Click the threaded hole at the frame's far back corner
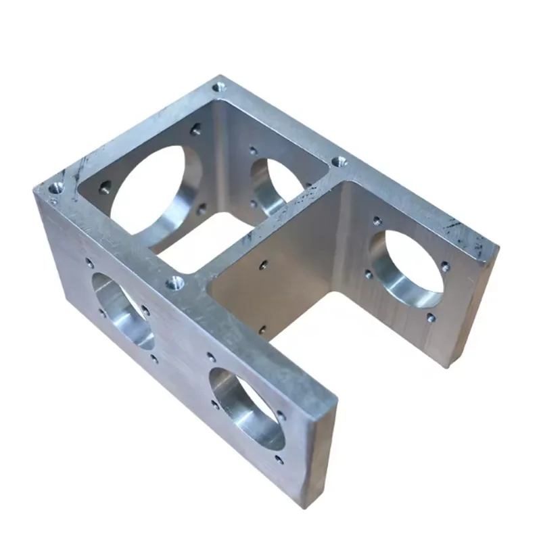tap(218, 87)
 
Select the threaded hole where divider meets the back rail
tap(340, 161)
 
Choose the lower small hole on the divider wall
tap(262, 329)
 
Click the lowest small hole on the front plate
tap(279, 461)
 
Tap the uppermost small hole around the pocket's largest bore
tap(196, 131)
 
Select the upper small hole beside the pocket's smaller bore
tap(253, 151)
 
